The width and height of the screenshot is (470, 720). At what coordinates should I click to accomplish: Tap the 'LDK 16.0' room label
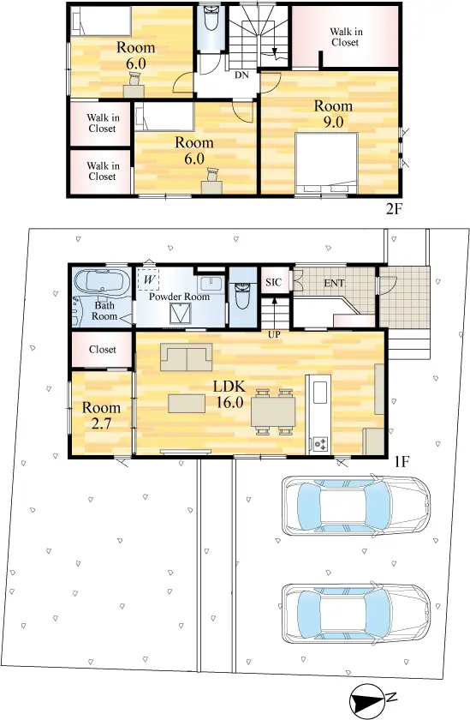(229, 394)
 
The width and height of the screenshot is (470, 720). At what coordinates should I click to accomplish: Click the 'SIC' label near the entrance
(274, 282)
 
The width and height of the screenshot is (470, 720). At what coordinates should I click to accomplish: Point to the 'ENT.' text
(334, 283)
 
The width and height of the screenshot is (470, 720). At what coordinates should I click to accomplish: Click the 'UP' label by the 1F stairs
(274, 335)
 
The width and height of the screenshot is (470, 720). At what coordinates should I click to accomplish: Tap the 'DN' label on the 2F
(241, 75)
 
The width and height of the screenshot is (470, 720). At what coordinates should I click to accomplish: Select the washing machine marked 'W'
(148, 279)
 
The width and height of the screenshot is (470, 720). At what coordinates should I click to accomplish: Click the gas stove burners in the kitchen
(320, 444)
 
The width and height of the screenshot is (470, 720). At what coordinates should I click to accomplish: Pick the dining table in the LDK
(273, 411)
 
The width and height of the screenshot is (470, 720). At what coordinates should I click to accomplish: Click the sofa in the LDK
(186, 357)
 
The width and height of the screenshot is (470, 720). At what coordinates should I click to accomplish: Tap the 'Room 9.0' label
(333, 114)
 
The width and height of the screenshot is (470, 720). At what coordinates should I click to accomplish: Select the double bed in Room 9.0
(326, 163)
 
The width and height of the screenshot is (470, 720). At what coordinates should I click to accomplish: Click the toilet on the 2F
(211, 19)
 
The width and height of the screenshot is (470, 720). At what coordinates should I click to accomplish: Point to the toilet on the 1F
(243, 296)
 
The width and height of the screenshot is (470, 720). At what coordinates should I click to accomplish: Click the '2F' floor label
(394, 209)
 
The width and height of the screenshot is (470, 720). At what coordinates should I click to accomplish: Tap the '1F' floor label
(402, 461)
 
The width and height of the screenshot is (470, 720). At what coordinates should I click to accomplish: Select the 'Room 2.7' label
(101, 416)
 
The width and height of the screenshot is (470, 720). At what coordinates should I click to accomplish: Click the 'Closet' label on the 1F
(103, 350)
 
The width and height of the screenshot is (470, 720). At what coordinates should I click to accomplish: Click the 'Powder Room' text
(179, 297)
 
